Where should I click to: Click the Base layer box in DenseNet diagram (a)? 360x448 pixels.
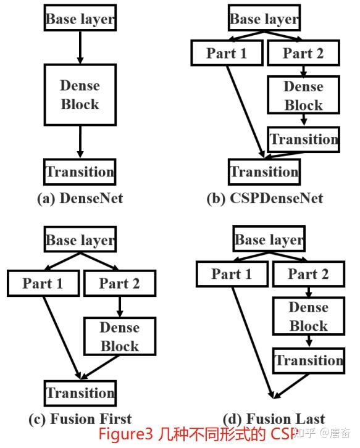80,19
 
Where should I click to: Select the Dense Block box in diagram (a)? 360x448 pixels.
80,94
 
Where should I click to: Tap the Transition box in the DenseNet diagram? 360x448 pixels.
80,172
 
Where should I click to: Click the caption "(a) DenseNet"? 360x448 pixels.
79,198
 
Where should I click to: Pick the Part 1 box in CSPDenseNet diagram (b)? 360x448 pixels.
226,54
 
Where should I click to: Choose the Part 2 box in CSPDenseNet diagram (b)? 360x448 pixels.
303,54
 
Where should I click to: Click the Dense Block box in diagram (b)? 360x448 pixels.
303,96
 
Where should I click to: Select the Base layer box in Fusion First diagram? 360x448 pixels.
80,240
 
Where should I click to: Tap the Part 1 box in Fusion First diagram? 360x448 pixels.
43,284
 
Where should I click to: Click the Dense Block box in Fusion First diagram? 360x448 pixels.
119,336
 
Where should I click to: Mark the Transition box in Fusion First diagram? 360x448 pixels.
80,393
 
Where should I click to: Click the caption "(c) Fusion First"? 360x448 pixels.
80,419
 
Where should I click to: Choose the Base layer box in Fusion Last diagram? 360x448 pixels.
269,239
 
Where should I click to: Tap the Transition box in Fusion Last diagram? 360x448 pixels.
308,360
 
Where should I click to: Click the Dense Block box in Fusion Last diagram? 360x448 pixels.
308,316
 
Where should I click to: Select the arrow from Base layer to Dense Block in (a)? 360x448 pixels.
80,47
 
